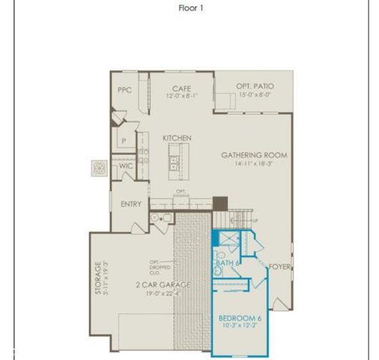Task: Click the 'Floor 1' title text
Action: click(191, 8)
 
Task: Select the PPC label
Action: click(125, 89)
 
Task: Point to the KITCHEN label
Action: click(177, 138)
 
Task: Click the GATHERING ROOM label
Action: click(254, 155)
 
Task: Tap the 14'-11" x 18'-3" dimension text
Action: click(253, 164)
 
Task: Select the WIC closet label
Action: click(125, 166)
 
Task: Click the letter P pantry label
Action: click(124, 140)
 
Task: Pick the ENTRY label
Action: click(131, 204)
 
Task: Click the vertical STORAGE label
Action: click(96, 277)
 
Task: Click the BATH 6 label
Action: click(227, 263)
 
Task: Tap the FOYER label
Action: click(280, 267)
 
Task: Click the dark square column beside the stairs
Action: click(220, 203)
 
